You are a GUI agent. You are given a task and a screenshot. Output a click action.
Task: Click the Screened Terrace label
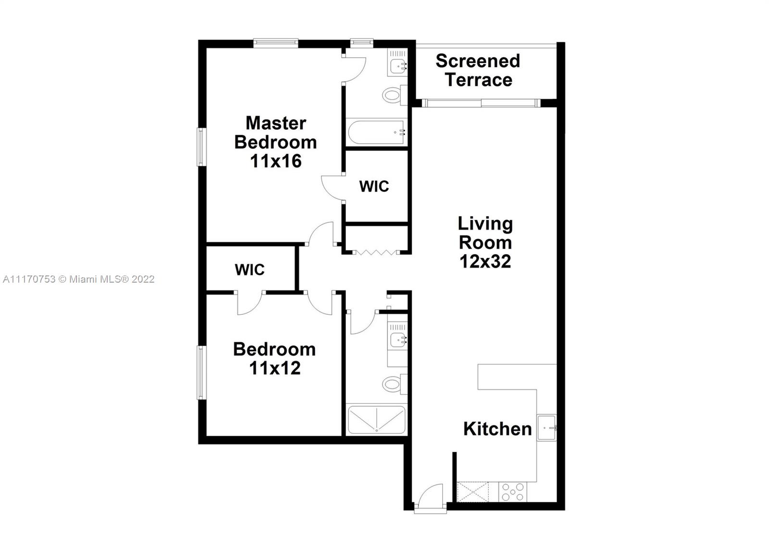(x=478, y=70)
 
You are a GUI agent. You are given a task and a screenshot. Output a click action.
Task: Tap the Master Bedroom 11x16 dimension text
(x=276, y=161)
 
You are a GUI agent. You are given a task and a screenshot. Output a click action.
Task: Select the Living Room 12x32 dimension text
(x=485, y=261)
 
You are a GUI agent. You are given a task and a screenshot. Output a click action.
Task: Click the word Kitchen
(x=497, y=429)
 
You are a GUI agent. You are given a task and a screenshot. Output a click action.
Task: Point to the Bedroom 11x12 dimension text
(x=274, y=368)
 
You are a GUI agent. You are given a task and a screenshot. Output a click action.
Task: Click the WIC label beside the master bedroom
(x=374, y=186)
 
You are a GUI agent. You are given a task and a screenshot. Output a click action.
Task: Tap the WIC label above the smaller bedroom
(x=249, y=270)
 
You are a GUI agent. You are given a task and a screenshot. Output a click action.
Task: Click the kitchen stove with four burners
(x=512, y=492)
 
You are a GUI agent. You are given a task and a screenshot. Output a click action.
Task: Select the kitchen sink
(x=546, y=427)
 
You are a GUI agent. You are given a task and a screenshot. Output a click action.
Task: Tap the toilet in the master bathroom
(x=395, y=95)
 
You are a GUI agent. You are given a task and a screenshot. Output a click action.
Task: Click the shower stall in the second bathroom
(x=377, y=420)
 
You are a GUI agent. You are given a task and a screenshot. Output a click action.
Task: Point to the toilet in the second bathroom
(x=395, y=384)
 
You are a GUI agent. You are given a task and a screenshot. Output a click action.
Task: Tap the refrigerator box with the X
(x=473, y=492)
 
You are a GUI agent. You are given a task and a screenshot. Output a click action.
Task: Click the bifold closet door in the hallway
(x=376, y=252)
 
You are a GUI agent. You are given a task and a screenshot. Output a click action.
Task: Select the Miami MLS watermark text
(x=79, y=279)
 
